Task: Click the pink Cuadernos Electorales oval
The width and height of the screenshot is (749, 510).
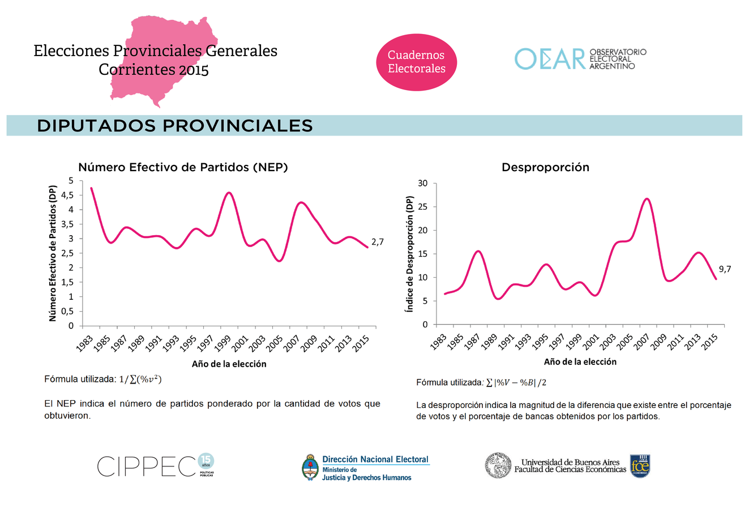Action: (x=416, y=62)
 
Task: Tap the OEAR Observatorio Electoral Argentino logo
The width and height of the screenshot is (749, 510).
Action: (x=580, y=59)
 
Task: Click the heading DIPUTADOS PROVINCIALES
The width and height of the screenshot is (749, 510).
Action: (x=175, y=126)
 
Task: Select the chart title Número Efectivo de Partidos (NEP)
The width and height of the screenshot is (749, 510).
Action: (x=183, y=167)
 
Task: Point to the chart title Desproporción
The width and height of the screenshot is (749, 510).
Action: (x=545, y=167)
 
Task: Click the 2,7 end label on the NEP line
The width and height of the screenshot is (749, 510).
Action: (x=377, y=242)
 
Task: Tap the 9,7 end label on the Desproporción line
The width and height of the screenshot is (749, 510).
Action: (x=725, y=269)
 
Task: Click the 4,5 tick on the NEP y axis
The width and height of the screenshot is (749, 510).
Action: (x=67, y=195)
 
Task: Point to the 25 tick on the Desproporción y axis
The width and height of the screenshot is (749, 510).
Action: (x=423, y=207)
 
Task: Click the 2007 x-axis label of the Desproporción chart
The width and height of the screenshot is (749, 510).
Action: (x=641, y=341)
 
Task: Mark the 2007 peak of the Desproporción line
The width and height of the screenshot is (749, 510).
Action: (x=647, y=199)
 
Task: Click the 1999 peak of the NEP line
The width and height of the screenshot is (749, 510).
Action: (x=229, y=193)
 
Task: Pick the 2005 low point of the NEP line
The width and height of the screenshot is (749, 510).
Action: (x=279, y=261)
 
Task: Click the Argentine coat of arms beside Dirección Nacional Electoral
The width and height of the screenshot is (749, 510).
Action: (x=310, y=467)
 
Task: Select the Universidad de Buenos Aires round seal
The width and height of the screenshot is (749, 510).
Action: (x=498, y=466)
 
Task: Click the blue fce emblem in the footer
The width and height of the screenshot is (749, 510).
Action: (x=640, y=466)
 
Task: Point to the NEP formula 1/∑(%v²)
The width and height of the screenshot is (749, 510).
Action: (x=140, y=379)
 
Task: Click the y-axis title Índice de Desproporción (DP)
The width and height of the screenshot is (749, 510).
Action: (x=410, y=253)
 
